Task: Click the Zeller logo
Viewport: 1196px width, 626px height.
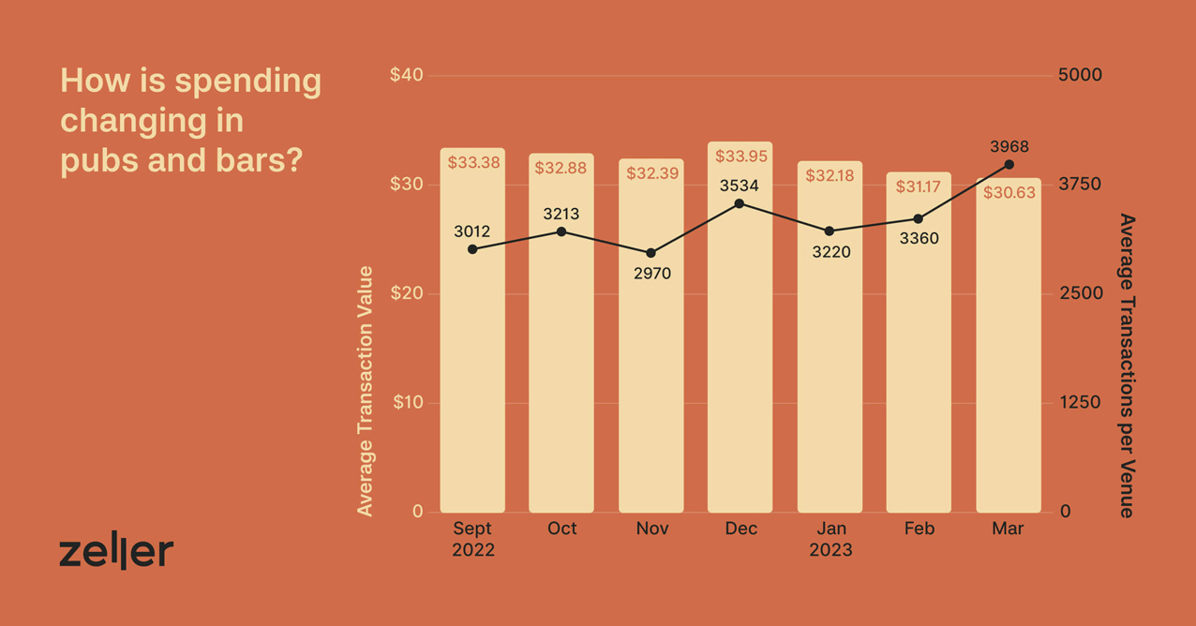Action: (x=116, y=553)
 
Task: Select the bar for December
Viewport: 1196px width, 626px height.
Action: (x=740, y=356)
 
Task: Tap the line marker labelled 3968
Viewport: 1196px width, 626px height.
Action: (x=1009, y=165)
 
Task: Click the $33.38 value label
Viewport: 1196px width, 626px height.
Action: (x=473, y=163)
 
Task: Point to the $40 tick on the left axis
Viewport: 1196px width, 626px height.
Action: (x=406, y=75)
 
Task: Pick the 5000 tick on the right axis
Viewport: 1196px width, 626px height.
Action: (x=1079, y=75)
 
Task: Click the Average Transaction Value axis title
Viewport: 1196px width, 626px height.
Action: (x=366, y=391)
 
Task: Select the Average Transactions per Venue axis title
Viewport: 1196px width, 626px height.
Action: (x=1127, y=365)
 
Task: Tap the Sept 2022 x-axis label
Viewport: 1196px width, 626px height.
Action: (x=472, y=539)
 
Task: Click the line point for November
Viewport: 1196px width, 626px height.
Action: (x=651, y=253)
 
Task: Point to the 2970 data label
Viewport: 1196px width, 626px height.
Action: (x=651, y=274)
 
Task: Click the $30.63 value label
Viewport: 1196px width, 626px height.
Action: (x=1009, y=193)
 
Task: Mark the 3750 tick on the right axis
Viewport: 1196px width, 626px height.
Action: (x=1079, y=185)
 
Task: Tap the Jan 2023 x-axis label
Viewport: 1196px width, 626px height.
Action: (x=830, y=539)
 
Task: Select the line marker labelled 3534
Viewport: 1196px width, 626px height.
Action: (x=740, y=203)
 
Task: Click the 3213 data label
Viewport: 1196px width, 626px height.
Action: (x=561, y=214)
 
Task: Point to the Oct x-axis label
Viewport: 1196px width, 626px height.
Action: (x=561, y=529)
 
